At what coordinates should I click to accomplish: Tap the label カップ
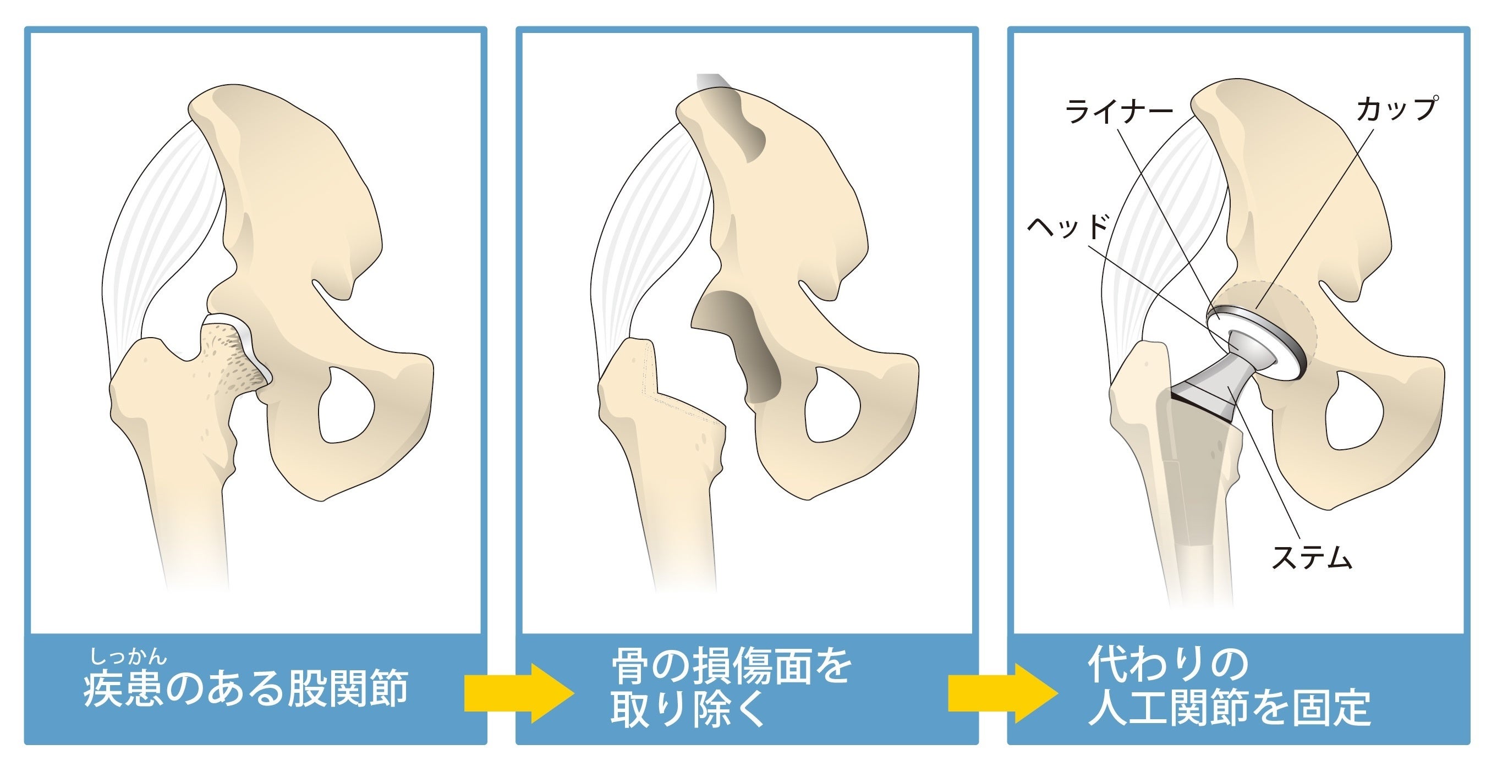pyautogui.click(x=1396, y=109)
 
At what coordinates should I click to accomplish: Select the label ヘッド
pyautogui.click(x=1068, y=226)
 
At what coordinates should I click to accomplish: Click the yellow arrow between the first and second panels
pyautogui.click(x=517, y=693)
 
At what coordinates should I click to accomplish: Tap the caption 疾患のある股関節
pyautogui.click(x=246, y=689)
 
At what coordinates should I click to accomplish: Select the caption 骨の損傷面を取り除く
pyautogui.click(x=731, y=689)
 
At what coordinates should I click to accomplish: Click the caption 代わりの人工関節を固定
pyautogui.click(x=1229, y=689)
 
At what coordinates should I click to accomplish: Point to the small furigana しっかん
pyautogui.click(x=128, y=657)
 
